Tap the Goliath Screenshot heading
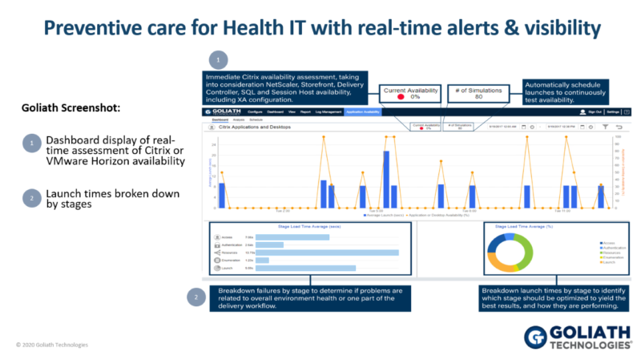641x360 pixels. [60, 107]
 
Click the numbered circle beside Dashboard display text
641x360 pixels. [30, 144]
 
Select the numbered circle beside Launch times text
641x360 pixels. [30, 199]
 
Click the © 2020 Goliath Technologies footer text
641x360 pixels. [52, 345]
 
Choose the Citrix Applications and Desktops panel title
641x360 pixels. [253, 127]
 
